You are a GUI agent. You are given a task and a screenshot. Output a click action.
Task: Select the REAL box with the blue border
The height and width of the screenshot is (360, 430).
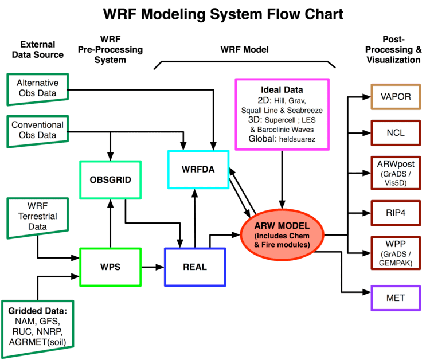coord(195,267)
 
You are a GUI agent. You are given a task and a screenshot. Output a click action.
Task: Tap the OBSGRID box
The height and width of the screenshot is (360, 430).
coord(111,179)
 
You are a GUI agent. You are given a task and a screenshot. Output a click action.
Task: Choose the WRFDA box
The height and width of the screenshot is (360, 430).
coord(198,170)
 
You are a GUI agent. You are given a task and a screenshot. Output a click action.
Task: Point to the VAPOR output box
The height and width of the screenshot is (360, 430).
coord(396,97)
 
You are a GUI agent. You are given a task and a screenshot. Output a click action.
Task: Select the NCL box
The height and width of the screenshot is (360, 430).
coord(396,133)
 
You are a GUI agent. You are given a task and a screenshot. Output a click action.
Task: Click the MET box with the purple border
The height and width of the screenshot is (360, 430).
coord(396,298)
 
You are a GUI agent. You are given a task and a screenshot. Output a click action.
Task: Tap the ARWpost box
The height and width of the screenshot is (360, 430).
coord(396,171)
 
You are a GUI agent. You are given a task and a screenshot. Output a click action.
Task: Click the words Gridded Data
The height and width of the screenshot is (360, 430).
coord(37,311)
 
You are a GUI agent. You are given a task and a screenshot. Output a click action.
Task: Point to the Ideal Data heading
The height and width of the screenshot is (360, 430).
coord(282,90)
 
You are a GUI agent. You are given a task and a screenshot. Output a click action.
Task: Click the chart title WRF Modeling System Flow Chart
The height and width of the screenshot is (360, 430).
coord(215,13)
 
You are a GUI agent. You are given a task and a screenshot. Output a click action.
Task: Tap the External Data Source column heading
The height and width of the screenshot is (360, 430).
coord(42,50)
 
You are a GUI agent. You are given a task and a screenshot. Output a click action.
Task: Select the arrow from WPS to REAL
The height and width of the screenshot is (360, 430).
coord(152,267)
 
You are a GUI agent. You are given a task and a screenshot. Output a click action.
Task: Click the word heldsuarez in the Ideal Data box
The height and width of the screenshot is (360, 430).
coord(298,139)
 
